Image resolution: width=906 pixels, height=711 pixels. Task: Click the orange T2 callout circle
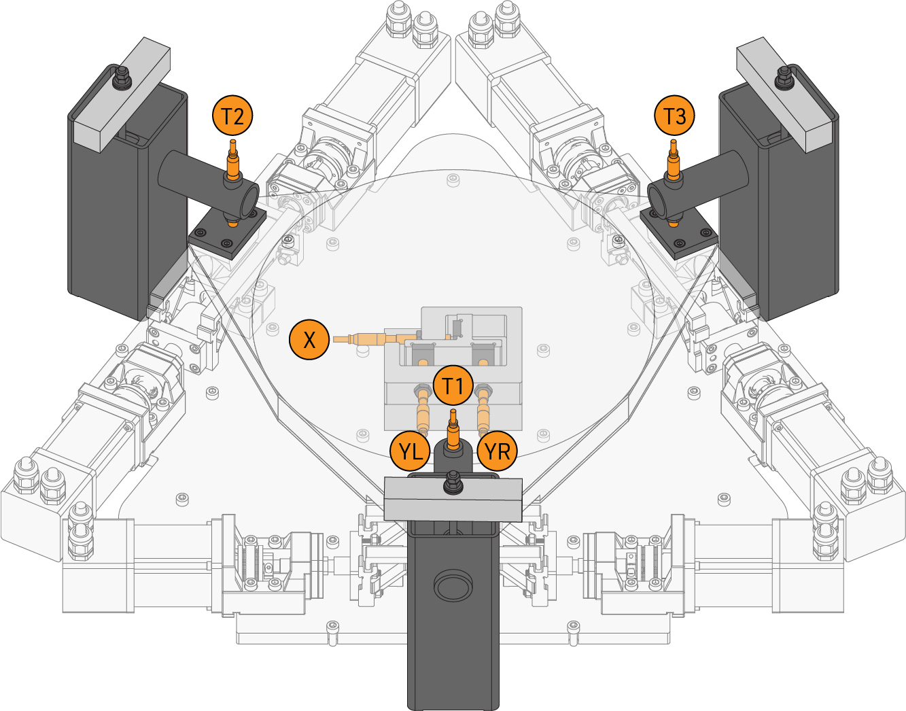232,116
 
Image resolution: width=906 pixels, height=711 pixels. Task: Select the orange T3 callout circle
674,116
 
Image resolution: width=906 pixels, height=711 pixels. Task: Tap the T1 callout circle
453,385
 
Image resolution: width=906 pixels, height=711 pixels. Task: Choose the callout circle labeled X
309,339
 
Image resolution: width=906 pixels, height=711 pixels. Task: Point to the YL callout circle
411,451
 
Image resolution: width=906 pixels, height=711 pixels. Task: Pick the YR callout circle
498,451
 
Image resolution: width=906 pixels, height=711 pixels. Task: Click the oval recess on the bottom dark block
453,586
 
